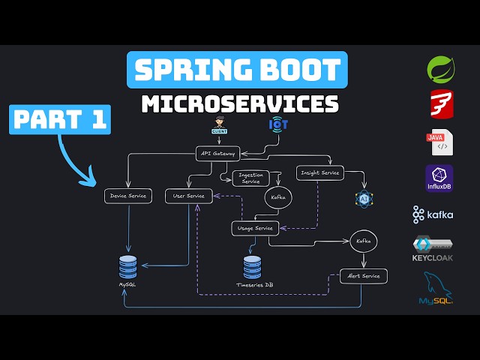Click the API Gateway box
click(x=218, y=154)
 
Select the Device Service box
click(x=128, y=196)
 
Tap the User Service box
click(x=188, y=196)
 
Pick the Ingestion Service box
click(x=250, y=178)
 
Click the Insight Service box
click(x=319, y=172)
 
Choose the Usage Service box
click(x=255, y=227)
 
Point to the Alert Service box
click(x=364, y=276)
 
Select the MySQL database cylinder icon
click(x=128, y=266)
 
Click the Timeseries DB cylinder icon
click(x=253, y=266)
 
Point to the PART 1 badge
click(x=60, y=120)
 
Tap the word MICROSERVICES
click(x=240, y=103)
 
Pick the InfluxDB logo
click(x=439, y=179)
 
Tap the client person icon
click(x=218, y=125)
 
